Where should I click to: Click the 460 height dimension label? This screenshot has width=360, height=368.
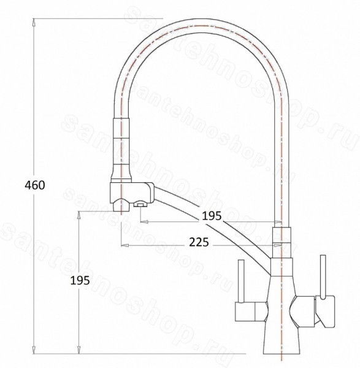(35, 185)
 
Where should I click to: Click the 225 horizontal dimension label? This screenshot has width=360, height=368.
(199, 242)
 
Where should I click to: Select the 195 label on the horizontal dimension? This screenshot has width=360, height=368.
(212, 216)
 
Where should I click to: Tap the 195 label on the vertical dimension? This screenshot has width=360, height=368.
(80, 280)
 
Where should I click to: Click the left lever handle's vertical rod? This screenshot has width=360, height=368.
(242, 281)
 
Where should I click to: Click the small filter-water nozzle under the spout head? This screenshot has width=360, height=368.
(140, 204)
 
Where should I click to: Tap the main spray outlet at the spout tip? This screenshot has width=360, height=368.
(121, 205)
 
